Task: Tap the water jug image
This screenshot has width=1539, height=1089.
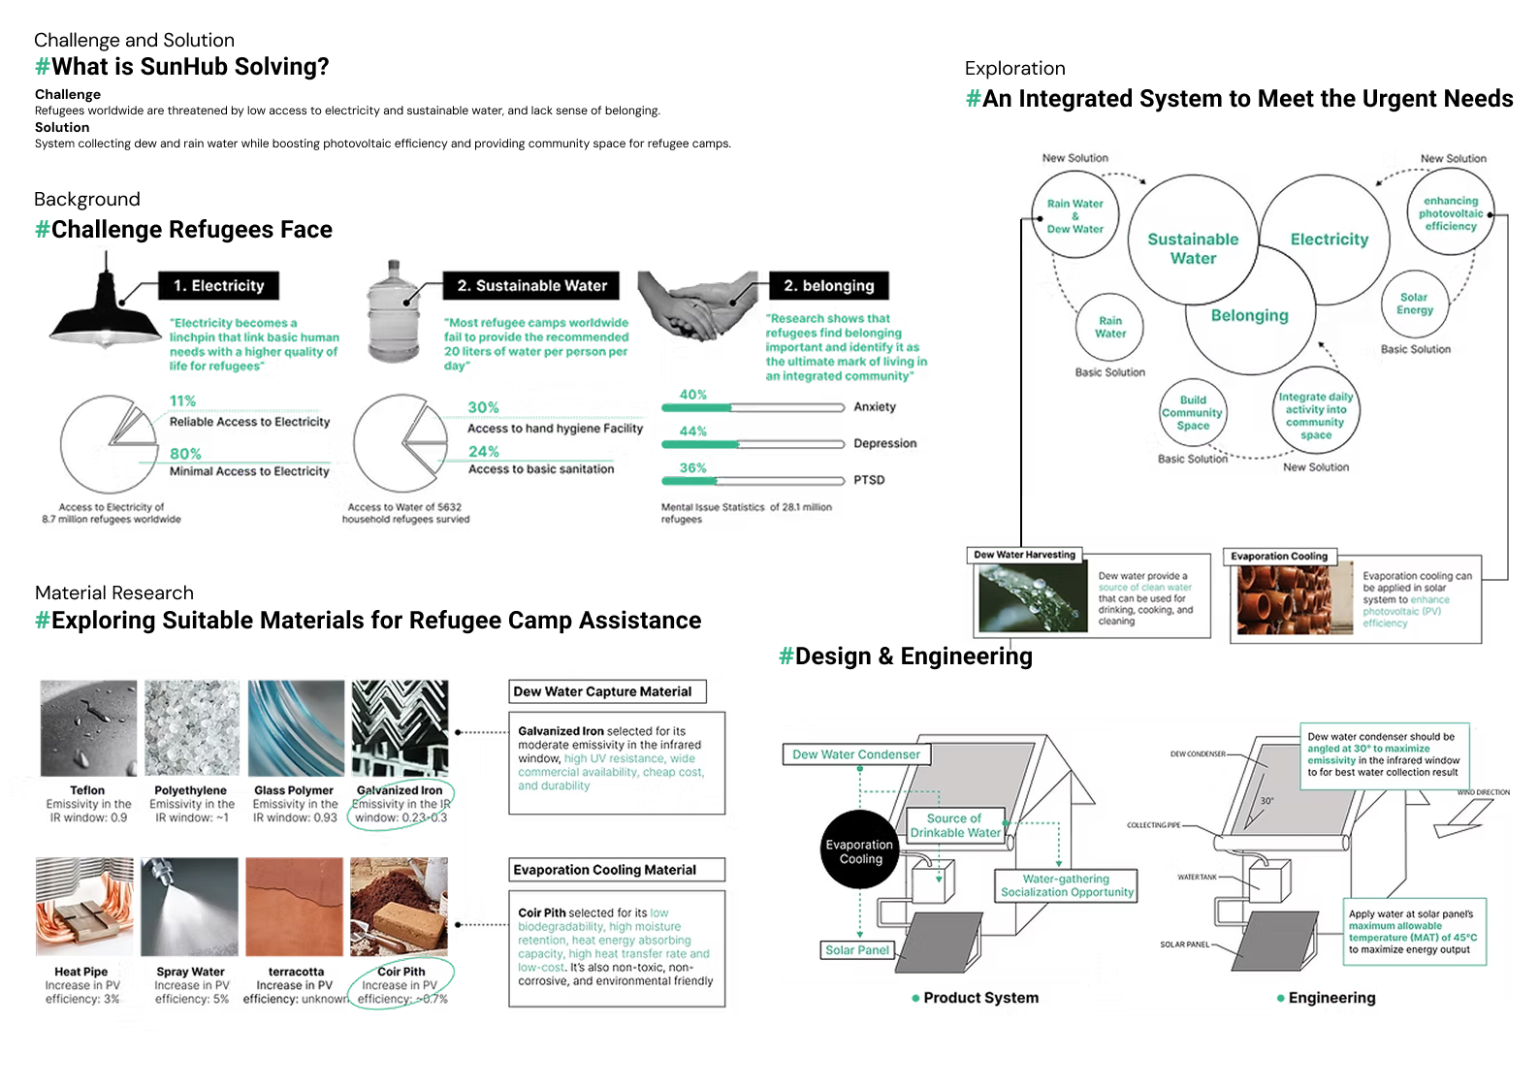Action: click(393, 310)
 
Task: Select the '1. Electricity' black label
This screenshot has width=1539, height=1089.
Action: click(218, 285)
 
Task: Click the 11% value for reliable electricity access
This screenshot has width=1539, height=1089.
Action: click(182, 400)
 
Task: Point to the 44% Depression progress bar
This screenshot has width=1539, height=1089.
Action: click(753, 444)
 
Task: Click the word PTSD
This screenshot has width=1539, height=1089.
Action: click(869, 480)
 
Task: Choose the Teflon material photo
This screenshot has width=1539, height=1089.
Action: click(88, 728)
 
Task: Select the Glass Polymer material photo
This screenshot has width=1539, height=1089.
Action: click(296, 728)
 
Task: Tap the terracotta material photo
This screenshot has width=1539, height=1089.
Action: click(295, 907)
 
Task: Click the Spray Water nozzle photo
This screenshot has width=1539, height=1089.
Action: click(190, 907)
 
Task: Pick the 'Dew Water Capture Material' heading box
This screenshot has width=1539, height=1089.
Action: click(607, 691)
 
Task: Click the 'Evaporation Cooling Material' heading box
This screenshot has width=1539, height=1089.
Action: click(617, 870)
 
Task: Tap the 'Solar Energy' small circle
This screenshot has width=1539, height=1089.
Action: click(1415, 304)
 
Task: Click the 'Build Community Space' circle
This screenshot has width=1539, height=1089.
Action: click(1193, 413)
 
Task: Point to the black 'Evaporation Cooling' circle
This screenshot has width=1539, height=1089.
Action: click(860, 850)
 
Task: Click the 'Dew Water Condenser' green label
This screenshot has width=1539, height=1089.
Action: click(856, 754)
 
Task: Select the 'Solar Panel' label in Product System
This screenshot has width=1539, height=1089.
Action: click(857, 950)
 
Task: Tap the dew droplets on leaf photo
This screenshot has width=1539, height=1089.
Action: click(1032, 598)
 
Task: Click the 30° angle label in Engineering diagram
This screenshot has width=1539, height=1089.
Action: click(1266, 801)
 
